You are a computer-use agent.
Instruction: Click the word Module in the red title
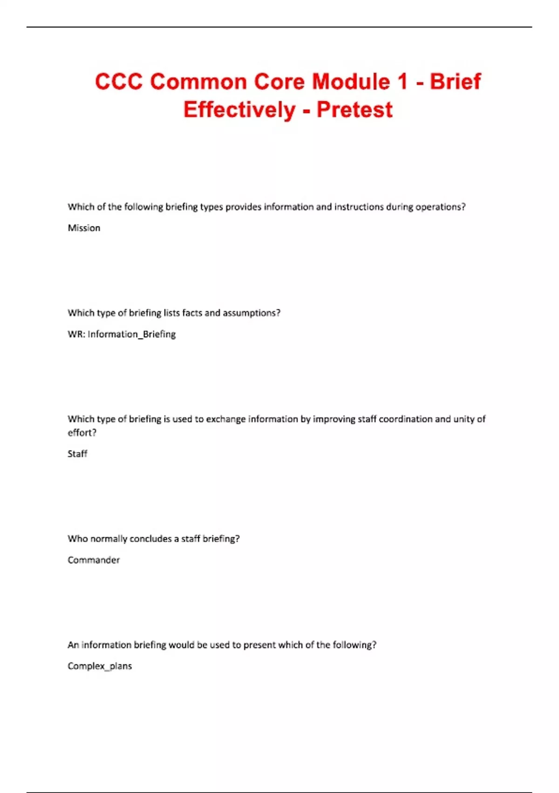click(x=351, y=82)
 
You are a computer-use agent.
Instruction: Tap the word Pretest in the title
click(x=354, y=110)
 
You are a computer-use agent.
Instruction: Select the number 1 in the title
click(x=402, y=82)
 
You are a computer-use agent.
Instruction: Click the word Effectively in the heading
click(x=239, y=110)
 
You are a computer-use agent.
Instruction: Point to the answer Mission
click(x=84, y=228)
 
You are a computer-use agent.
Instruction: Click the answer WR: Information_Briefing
click(x=122, y=334)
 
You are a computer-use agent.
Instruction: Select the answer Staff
click(x=77, y=454)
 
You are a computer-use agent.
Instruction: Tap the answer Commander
click(x=94, y=560)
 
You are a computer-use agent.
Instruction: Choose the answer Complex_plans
click(x=100, y=666)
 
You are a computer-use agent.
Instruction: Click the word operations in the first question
click(x=440, y=207)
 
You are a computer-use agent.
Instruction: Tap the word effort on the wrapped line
click(x=82, y=432)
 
